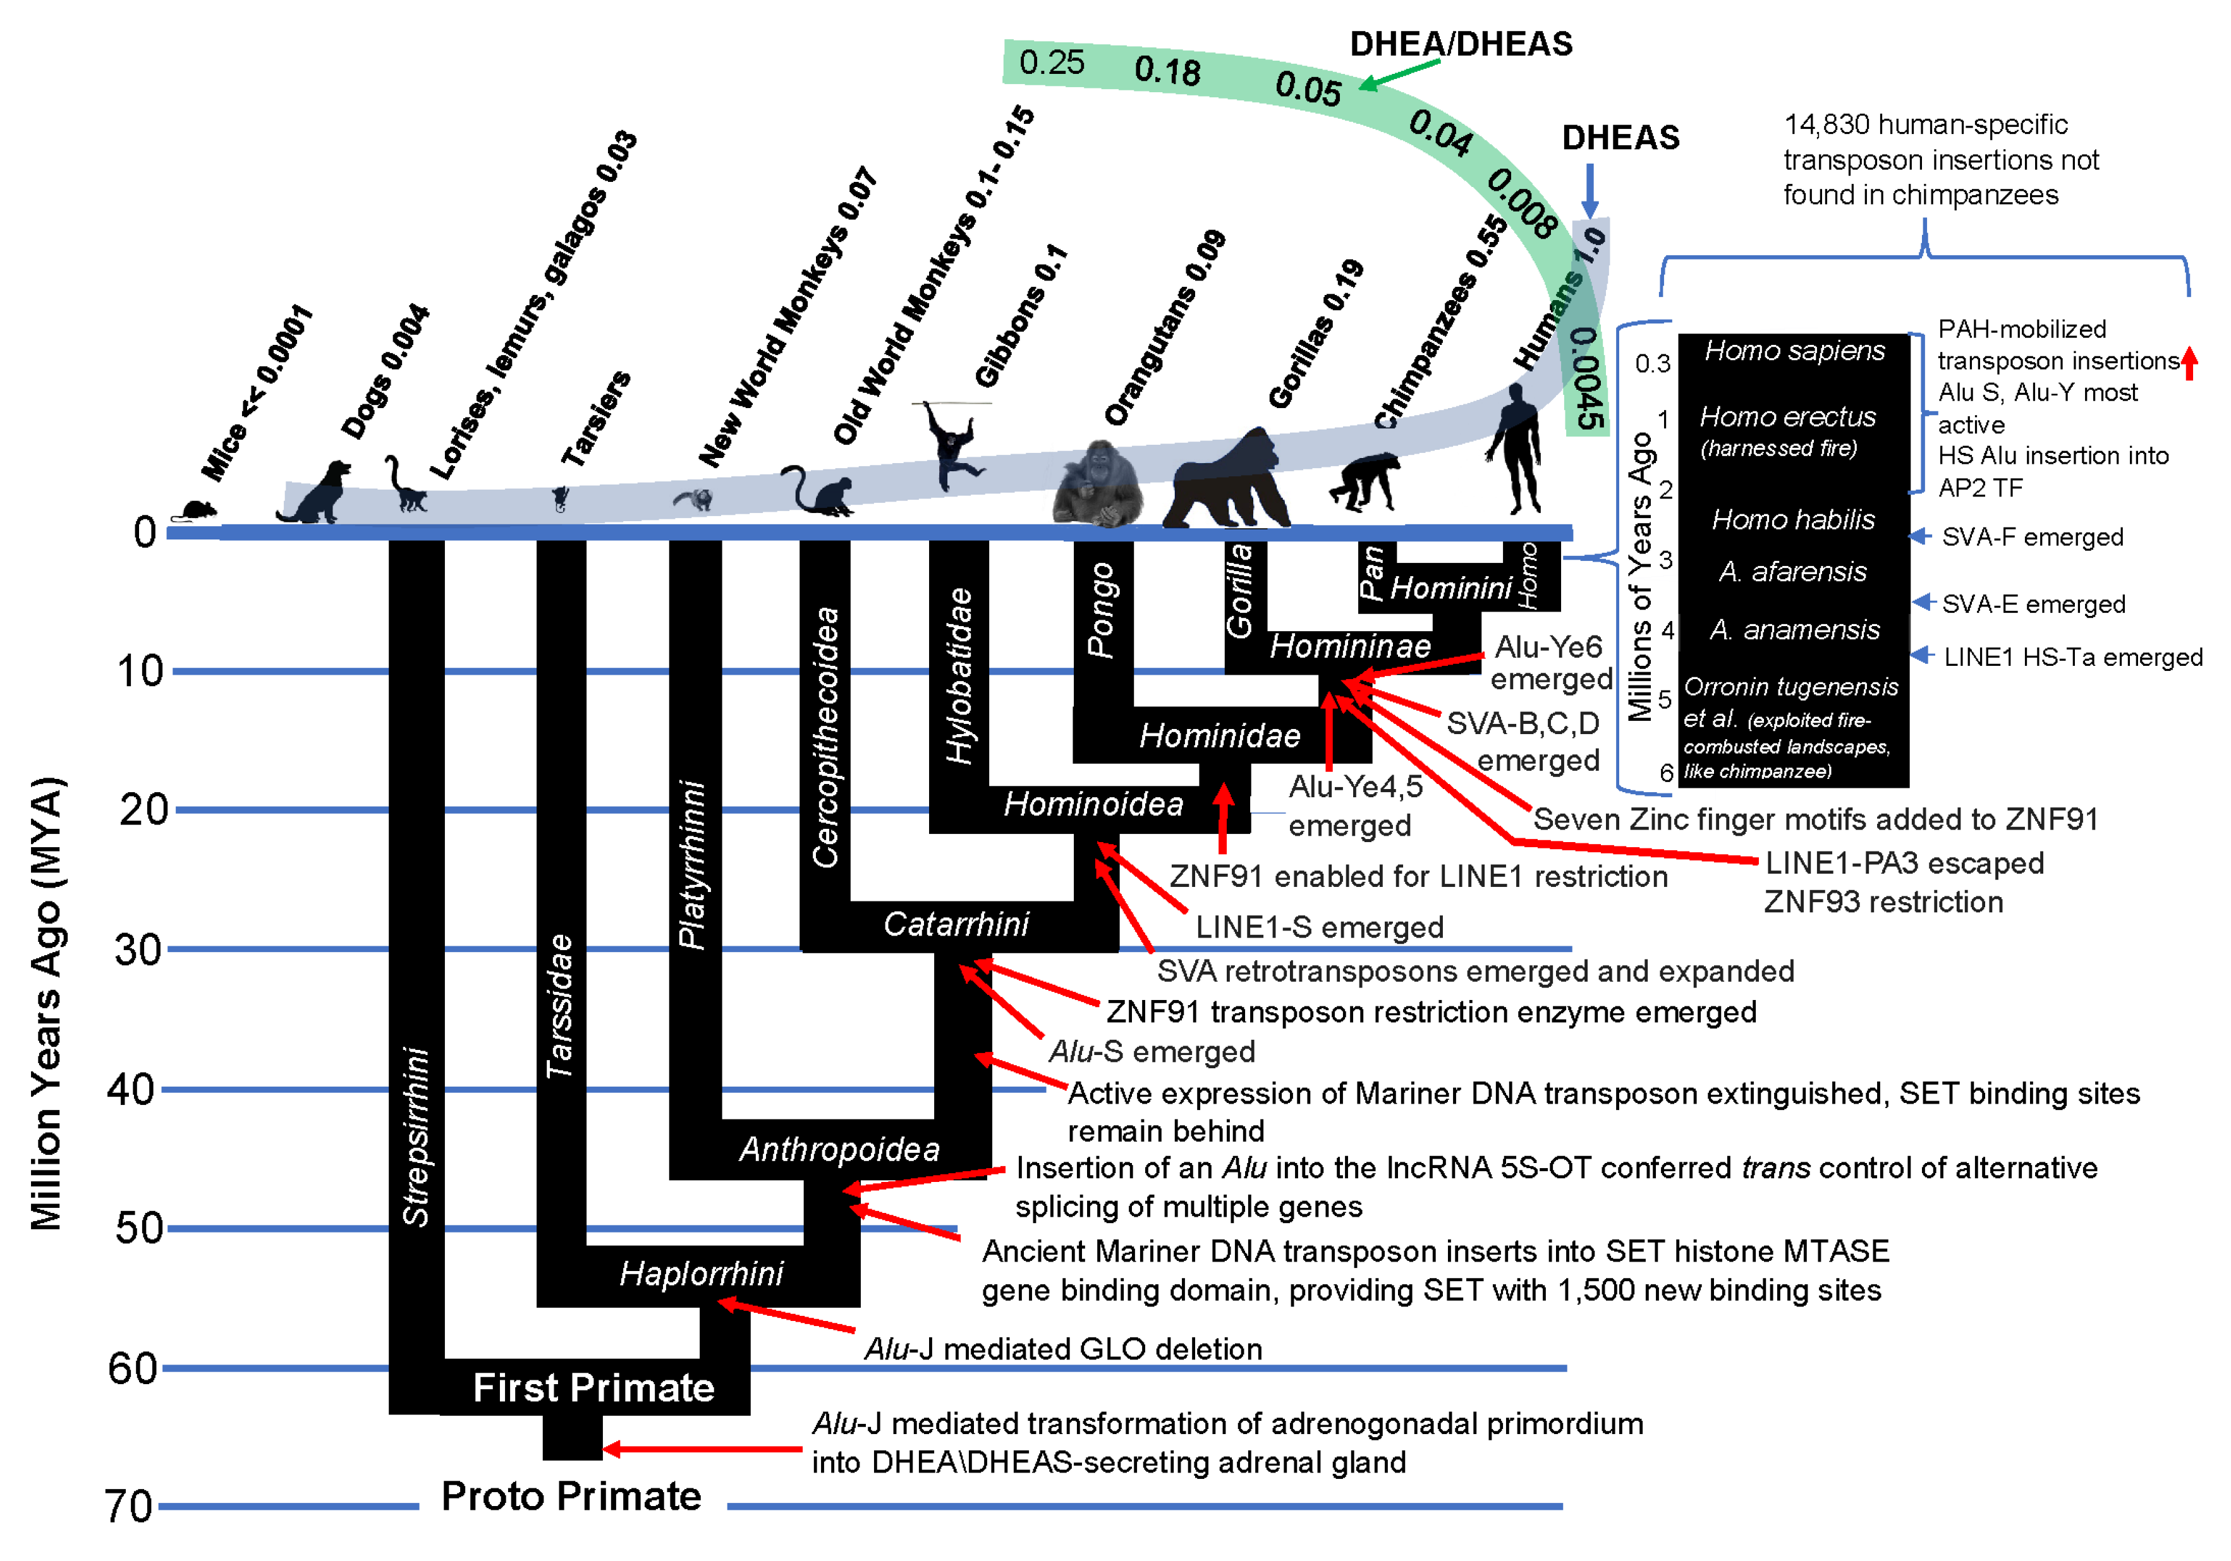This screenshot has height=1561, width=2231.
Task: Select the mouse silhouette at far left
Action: coord(197,510)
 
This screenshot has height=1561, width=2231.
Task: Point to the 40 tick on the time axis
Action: coord(131,1090)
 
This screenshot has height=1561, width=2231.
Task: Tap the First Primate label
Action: coord(593,1388)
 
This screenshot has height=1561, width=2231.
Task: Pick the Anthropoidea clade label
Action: coord(839,1150)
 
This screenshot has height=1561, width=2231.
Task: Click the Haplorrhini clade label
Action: coord(702,1274)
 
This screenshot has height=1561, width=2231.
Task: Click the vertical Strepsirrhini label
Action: coord(416,1136)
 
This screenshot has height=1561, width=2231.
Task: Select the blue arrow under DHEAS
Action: coord(1590,190)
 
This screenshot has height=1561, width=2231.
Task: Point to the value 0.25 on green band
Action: coord(1052,63)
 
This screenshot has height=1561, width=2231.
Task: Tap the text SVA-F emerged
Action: coord(2032,537)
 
